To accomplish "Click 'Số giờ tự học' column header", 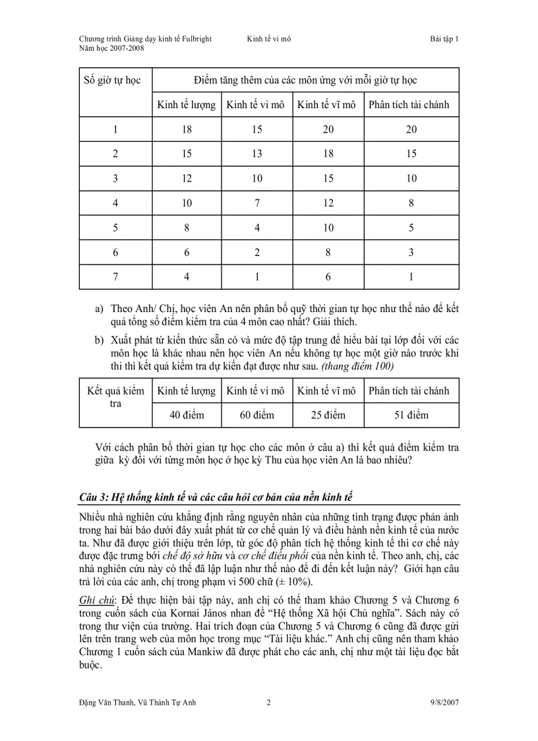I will [112, 81].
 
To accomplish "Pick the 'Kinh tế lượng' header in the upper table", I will [186, 105].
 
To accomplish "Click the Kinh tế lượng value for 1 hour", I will [187, 129].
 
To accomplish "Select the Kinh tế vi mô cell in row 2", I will [256, 154].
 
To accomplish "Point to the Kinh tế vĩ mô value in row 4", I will [328, 203].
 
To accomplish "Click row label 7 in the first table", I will [115, 277].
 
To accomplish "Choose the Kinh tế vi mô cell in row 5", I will [256, 228].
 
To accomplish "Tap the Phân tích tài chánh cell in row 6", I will [411, 252].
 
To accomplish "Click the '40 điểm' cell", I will [187, 415].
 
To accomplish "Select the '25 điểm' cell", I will [327, 415].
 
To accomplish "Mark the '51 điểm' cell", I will [411, 415].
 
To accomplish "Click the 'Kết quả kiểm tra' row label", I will [115, 397].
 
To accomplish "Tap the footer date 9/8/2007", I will [443, 703].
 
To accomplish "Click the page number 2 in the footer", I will [268, 703].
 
